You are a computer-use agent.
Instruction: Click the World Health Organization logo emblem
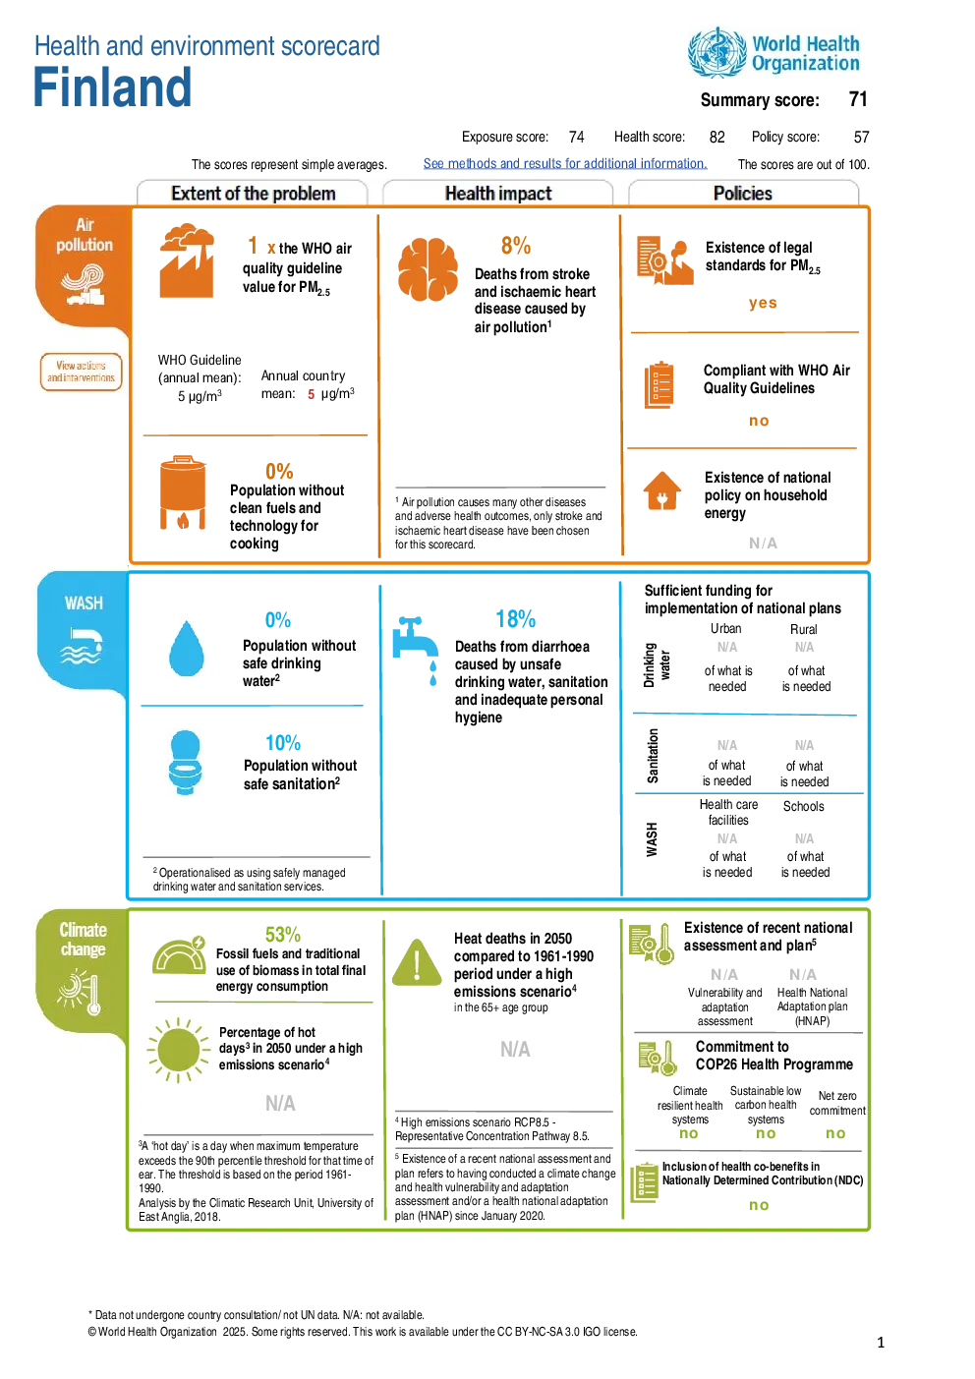717,53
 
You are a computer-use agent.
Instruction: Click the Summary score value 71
857,99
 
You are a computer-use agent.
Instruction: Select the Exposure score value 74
576,137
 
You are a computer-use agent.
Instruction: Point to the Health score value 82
717,137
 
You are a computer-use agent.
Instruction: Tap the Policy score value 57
861,137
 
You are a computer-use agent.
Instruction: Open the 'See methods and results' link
565,164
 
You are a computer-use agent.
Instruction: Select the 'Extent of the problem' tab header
253,194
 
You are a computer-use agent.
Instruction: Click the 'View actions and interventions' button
82,372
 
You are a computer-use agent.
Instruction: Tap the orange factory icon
187,260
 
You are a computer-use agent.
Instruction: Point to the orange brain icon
428,269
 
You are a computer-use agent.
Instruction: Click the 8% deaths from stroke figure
515,246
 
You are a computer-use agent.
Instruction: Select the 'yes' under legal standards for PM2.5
763,303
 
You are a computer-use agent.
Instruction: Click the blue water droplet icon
187,649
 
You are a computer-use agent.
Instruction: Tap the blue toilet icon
186,763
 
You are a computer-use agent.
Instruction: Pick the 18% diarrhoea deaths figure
515,619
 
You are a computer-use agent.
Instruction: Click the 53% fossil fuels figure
282,935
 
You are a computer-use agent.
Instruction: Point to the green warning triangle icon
417,963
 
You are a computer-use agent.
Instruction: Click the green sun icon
178,1050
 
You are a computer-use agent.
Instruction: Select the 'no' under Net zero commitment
835,1133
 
